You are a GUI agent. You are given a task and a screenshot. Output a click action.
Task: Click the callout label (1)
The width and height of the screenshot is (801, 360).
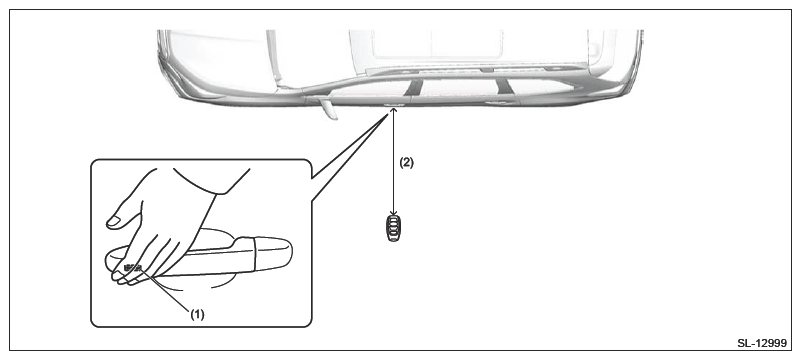click(197, 315)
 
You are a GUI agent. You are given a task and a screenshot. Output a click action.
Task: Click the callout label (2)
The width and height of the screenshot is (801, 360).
click(406, 163)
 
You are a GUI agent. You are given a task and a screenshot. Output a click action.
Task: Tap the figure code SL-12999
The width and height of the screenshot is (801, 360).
click(762, 343)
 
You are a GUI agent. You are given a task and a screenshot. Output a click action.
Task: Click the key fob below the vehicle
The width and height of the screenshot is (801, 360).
click(393, 228)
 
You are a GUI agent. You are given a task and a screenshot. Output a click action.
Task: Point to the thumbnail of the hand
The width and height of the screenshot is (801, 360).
click(114, 221)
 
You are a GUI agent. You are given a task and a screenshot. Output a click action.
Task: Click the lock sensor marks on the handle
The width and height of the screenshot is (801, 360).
click(132, 266)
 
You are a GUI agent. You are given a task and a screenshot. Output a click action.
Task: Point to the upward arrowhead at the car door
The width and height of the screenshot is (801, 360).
click(393, 111)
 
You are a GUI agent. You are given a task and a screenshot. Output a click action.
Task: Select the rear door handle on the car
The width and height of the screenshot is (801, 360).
click(497, 103)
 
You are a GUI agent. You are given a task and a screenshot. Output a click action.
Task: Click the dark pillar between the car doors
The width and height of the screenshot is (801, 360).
click(412, 87)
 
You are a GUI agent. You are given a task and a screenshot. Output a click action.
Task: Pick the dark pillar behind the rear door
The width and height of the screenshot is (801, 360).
click(504, 86)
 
